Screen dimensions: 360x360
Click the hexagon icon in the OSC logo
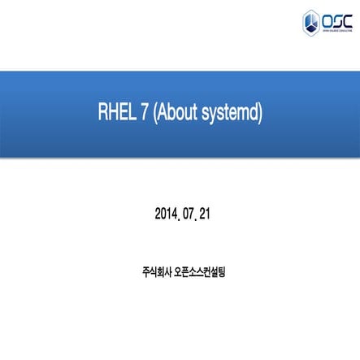click(x=311, y=20)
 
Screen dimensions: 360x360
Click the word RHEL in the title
click(x=114, y=114)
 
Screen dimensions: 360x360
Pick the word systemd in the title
click(x=231, y=115)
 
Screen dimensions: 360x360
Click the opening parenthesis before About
click(x=155, y=115)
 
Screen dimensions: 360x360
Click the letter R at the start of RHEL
click(x=102, y=114)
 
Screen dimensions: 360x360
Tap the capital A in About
click(x=163, y=114)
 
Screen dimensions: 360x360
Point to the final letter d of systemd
click(x=254, y=114)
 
